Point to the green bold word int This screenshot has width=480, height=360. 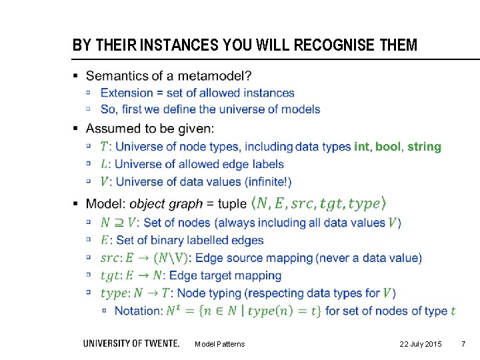[x=361, y=147]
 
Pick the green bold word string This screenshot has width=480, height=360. [x=424, y=147]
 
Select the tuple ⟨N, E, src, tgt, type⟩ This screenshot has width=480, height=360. [x=318, y=203]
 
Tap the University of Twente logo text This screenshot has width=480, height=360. [x=131, y=343]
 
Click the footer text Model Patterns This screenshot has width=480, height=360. [x=219, y=344]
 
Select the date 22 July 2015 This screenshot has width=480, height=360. [x=420, y=344]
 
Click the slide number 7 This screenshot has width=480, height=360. [x=464, y=344]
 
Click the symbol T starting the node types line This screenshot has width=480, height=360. [x=104, y=147]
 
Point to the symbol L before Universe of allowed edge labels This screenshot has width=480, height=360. [x=104, y=164]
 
